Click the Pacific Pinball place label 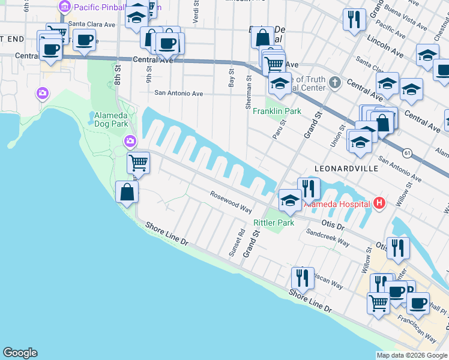(x=96, y=7)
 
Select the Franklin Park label (x=277, y=111)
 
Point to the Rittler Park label (x=274, y=223)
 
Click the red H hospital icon (x=379, y=203)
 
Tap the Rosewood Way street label (x=230, y=202)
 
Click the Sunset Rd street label (x=237, y=243)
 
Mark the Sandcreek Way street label (x=328, y=238)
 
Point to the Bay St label (x=231, y=77)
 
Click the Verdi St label (x=196, y=10)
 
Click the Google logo (x=20, y=353)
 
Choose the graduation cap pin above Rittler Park (x=289, y=200)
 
